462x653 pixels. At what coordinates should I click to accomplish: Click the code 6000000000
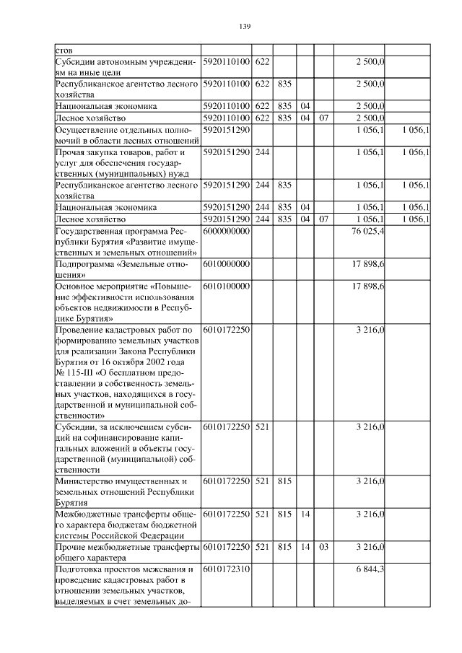tap(226, 230)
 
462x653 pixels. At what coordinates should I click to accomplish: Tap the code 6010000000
tap(226, 265)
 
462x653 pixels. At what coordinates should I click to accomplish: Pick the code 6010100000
tap(226, 286)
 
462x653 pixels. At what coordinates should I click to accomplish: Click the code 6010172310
tap(226, 569)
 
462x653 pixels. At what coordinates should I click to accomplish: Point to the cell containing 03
tap(323, 548)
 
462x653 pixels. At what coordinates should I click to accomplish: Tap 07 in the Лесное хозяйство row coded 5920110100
tap(323, 117)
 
